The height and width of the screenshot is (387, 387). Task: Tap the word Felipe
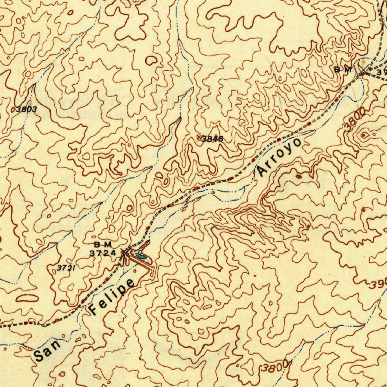[112, 297]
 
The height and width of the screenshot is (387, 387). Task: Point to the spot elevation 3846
[212, 139]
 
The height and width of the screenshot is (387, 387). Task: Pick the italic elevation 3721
[65, 268]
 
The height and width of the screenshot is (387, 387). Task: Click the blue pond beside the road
[141, 256]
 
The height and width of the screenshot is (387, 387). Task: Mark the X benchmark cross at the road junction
[363, 70]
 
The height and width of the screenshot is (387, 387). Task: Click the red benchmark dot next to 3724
[122, 252]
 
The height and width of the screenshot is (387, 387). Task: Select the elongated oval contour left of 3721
[27, 298]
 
